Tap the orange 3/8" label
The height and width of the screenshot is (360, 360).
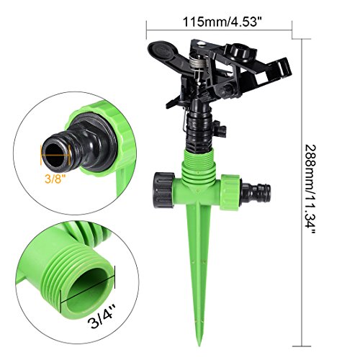point(55,179)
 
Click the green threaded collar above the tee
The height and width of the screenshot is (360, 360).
point(198,166)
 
